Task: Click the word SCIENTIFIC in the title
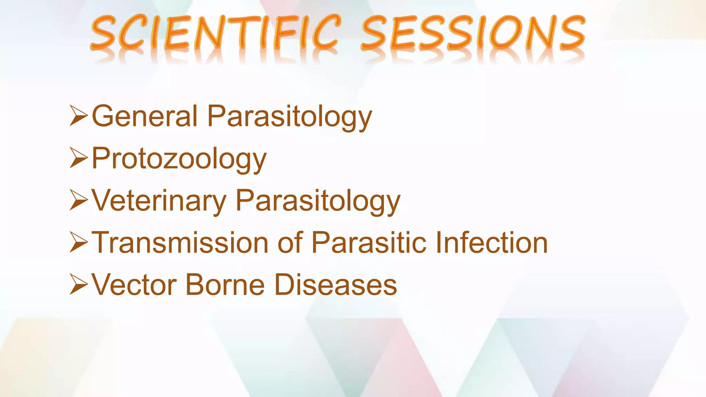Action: pyautogui.click(x=215, y=33)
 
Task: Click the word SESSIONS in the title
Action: pyautogui.click(x=473, y=33)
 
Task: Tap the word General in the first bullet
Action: pyautogui.click(x=145, y=116)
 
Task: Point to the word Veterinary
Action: pyautogui.click(x=159, y=201)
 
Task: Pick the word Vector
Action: pyautogui.click(x=134, y=285)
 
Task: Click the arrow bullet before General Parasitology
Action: pyautogui.click(x=79, y=116)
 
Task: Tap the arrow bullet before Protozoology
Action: pyautogui.click(x=79, y=158)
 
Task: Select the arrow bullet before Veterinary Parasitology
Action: pyautogui.click(x=79, y=200)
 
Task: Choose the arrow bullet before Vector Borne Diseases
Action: pyautogui.click(x=79, y=284)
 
